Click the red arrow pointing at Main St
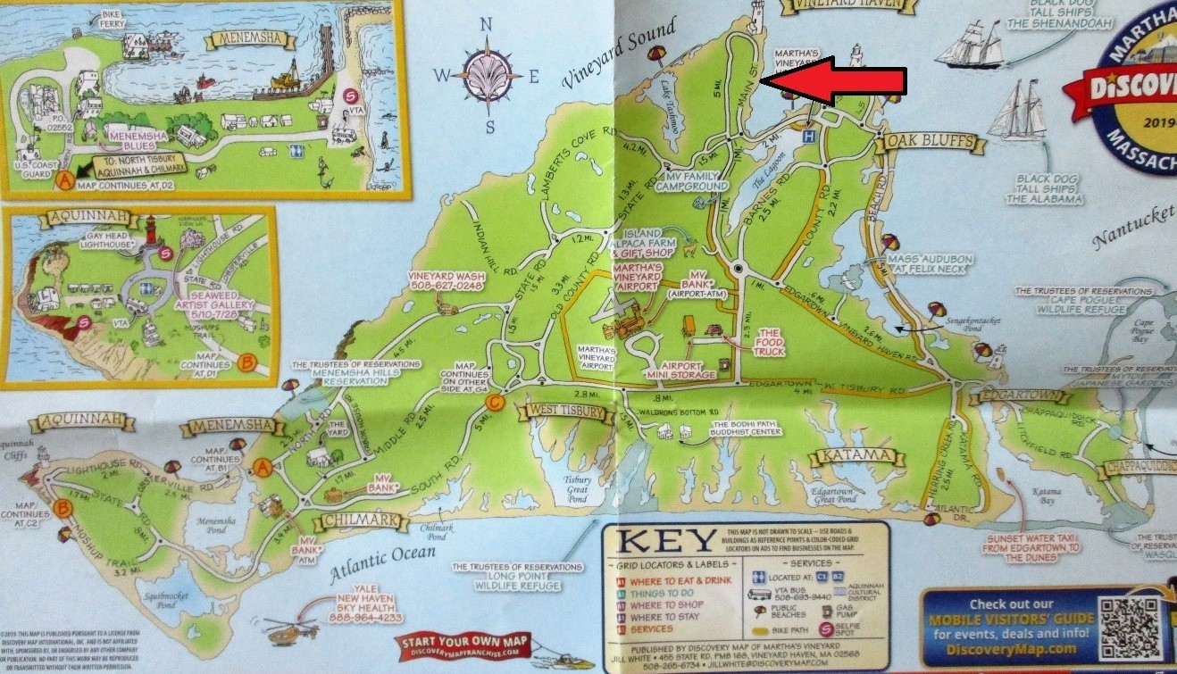834,80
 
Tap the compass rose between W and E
488,75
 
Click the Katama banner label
852,456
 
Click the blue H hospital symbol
809,136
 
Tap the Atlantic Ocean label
381,563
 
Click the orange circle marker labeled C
497,404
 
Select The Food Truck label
768,341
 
